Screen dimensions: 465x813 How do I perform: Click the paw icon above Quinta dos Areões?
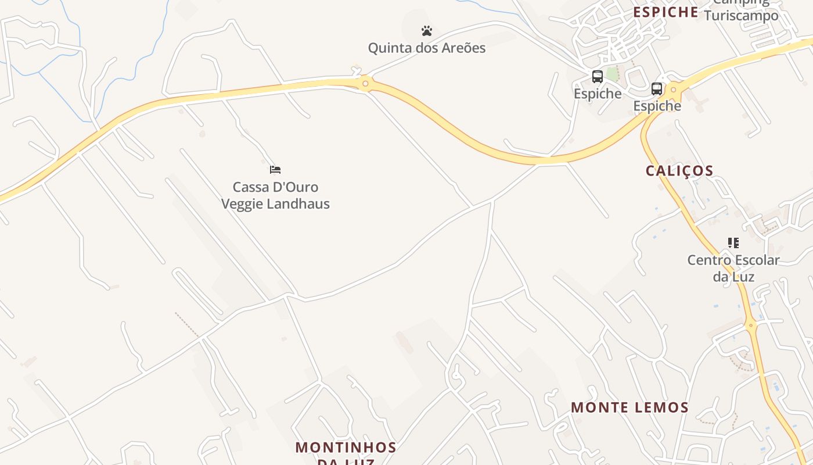pyautogui.click(x=427, y=31)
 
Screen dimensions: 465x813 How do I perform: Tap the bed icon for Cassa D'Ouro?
pyautogui.click(x=275, y=170)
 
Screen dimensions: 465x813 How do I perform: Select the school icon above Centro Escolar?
pyautogui.click(x=733, y=243)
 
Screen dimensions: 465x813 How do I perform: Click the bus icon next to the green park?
pyautogui.click(x=597, y=76)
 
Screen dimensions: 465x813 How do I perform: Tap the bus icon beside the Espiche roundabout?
pyautogui.click(x=657, y=89)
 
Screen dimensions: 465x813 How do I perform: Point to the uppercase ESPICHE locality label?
pyautogui.click(x=665, y=12)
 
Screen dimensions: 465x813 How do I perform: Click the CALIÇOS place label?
pyautogui.click(x=679, y=171)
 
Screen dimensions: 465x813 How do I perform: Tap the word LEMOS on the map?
pyautogui.click(x=659, y=407)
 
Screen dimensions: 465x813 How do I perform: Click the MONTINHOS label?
pyautogui.click(x=346, y=448)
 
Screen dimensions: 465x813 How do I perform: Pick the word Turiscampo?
pyautogui.click(x=741, y=16)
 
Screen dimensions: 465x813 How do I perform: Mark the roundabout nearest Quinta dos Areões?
pyautogui.click(x=365, y=84)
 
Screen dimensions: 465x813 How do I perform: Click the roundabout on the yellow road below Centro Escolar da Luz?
pyautogui.click(x=751, y=325)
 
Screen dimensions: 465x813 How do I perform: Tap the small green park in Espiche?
pyautogui.click(x=612, y=74)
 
